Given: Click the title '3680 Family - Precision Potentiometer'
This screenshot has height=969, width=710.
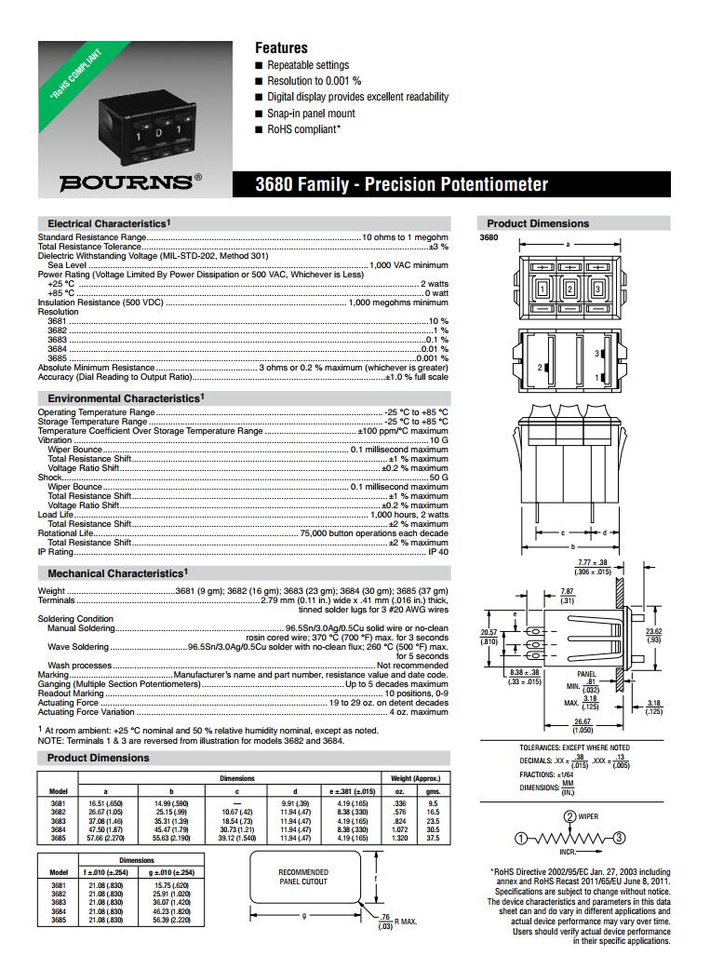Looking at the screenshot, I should [401, 184].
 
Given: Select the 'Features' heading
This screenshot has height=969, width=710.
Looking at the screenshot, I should [281, 47].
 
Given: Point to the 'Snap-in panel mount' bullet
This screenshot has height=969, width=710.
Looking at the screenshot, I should [311, 114].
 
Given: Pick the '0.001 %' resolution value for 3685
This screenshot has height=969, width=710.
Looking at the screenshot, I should [432, 358].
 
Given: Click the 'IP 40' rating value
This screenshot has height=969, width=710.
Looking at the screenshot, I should [437, 552].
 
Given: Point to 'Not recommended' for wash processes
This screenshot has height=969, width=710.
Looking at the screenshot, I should [412, 666].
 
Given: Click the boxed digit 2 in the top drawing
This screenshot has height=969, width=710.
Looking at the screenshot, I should [569, 289].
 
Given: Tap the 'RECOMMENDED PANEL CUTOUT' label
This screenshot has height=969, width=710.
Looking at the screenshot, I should [303, 877].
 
